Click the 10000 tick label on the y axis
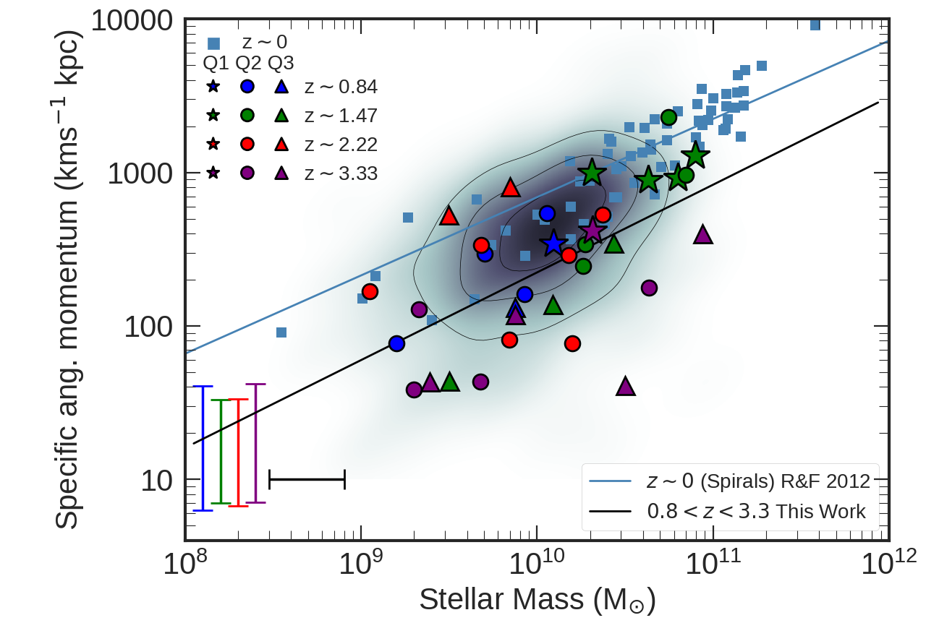click(x=132, y=21)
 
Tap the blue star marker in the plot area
click(x=553, y=244)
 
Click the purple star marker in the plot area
click(x=592, y=231)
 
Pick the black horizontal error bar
click(x=307, y=479)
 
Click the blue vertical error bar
click(x=203, y=448)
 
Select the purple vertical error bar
click(x=256, y=443)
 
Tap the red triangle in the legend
click(x=281, y=145)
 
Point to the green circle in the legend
click(x=247, y=116)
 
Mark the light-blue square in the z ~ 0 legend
click(x=214, y=43)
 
